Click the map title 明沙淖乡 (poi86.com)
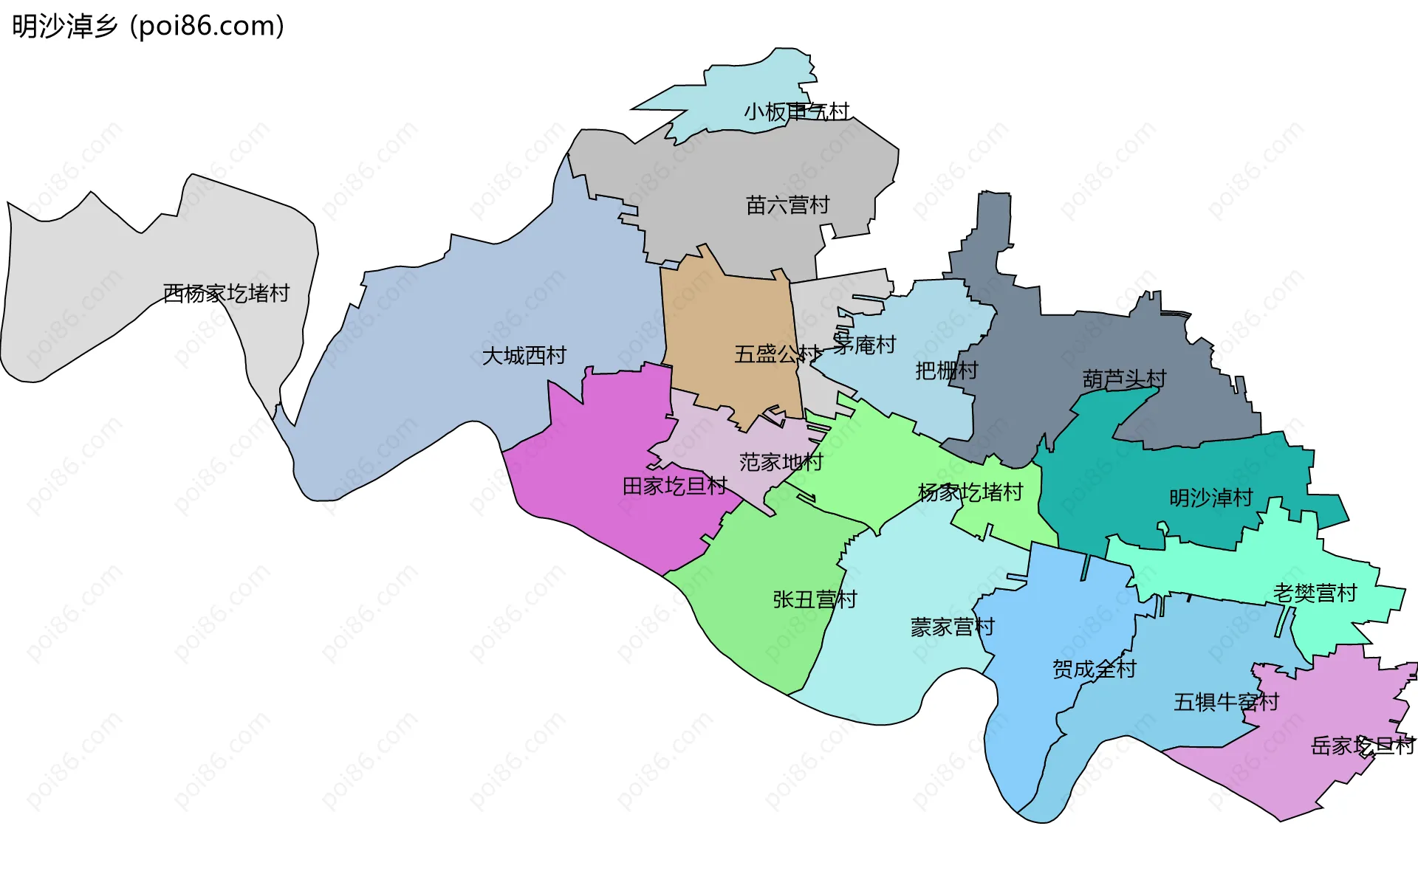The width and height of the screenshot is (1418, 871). [x=148, y=27]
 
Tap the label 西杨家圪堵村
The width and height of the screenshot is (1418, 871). [x=226, y=294]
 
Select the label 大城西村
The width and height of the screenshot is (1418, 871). [x=524, y=356]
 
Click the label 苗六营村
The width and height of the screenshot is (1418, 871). [x=787, y=205]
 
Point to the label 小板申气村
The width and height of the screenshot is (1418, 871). [x=796, y=112]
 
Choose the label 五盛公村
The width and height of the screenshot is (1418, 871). [x=777, y=354]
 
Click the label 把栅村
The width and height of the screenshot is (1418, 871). [x=946, y=371]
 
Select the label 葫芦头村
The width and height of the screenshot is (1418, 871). [x=1124, y=379]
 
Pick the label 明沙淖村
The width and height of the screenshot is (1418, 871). [x=1211, y=498]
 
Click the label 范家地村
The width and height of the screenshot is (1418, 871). [x=781, y=463]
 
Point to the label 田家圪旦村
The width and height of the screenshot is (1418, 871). [x=674, y=486]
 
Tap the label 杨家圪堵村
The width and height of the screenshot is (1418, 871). [x=970, y=492]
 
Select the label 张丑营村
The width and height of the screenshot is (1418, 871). [x=815, y=599]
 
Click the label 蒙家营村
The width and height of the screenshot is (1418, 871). [x=952, y=627]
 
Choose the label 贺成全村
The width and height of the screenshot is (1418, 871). [x=1094, y=669]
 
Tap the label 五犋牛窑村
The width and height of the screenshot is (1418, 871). [x=1226, y=702]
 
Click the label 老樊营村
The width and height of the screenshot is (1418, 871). [x=1315, y=593]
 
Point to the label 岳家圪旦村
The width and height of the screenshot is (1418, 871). [x=1363, y=746]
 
